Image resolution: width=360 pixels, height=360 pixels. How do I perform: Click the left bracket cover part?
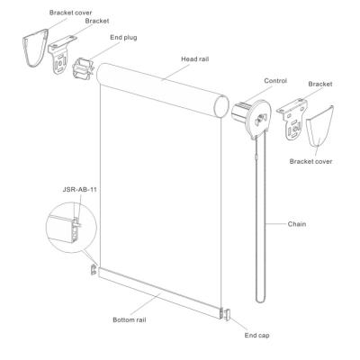[35, 48]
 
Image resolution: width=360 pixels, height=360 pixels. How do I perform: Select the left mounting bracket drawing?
[61, 56]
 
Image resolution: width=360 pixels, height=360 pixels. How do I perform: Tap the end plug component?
[84, 68]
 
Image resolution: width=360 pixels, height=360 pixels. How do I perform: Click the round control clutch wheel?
[258, 119]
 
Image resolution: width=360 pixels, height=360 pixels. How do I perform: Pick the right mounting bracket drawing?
[292, 121]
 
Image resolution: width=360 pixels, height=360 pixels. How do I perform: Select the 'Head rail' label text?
[194, 59]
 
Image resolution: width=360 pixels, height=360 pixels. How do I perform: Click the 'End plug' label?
[123, 38]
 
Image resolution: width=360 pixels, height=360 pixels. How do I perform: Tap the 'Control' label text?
[275, 81]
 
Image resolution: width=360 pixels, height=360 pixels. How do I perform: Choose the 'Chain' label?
[297, 224]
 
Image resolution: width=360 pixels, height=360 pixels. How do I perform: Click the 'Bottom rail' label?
[130, 320]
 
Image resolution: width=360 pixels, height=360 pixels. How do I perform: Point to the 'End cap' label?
[256, 336]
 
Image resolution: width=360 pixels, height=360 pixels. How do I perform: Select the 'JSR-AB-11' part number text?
[80, 190]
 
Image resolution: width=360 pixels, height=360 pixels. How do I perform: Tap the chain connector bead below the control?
[256, 157]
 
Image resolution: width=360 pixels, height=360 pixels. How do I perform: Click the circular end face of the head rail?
[222, 107]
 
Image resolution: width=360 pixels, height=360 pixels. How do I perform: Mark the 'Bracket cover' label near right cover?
[310, 161]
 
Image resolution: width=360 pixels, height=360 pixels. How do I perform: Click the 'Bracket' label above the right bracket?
[320, 84]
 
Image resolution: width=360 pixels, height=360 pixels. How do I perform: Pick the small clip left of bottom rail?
[94, 270]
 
